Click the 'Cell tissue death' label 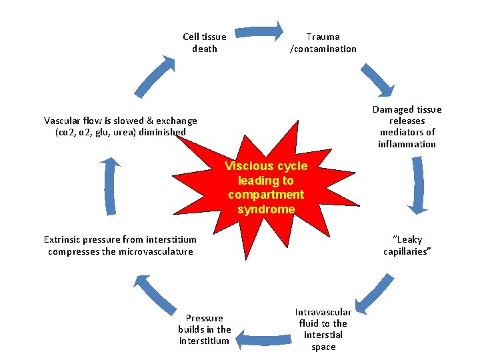point(205,43)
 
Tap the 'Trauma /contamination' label point(323,43)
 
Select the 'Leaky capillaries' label point(407,245)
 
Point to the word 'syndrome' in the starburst point(265,209)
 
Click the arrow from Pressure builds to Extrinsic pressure point(156,293)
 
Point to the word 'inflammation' point(407,144)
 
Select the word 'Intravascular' point(323,312)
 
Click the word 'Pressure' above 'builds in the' point(204,318)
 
